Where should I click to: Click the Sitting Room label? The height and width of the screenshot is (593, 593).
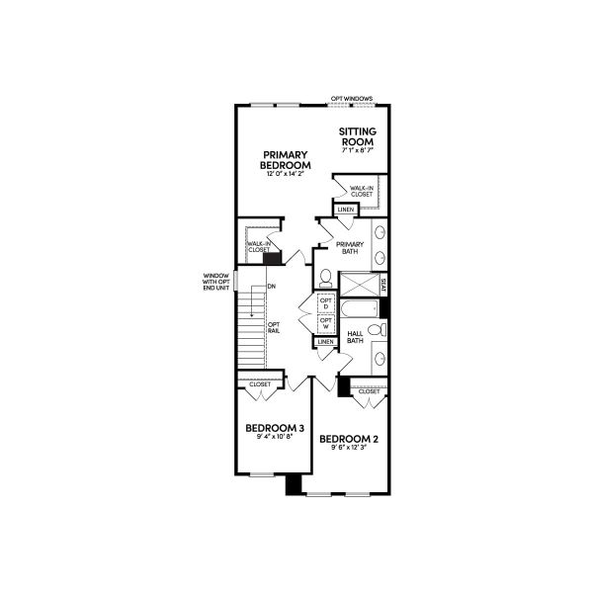click(358, 136)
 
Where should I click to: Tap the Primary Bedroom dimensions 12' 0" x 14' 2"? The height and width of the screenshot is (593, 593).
click(286, 174)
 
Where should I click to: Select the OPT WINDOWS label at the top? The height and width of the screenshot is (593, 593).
click(351, 99)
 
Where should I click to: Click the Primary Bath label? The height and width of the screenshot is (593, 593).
click(350, 247)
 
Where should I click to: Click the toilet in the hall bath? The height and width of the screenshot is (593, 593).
click(374, 329)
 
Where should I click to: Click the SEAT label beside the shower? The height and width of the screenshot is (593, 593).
click(383, 286)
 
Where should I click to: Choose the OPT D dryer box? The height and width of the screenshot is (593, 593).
click(325, 304)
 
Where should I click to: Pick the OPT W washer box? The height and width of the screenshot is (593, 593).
click(325, 323)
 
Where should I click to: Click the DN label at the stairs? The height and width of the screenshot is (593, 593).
click(271, 287)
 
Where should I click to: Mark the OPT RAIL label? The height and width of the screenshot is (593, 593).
click(274, 327)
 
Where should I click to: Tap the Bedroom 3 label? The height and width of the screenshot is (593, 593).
click(274, 428)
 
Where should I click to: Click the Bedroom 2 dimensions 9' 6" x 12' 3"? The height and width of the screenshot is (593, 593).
click(349, 447)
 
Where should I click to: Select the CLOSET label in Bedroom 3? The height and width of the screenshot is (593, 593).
click(260, 384)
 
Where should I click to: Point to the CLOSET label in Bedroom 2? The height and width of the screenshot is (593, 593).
click(369, 391)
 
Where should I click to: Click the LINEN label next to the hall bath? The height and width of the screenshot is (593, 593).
click(325, 342)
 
